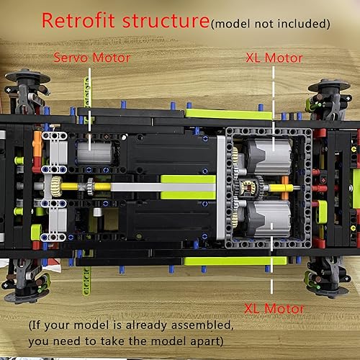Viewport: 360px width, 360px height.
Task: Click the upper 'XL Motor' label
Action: pyautogui.click(x=274, y=56)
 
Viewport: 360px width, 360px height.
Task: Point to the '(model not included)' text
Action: pyautogui.click(x=271, y=24)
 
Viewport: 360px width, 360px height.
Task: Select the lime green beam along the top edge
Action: pyautogui.click(x=227, y=113)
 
